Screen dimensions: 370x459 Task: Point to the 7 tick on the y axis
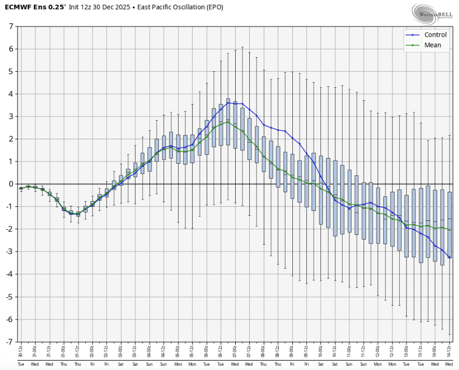pyautogui.click(x=11, y=27)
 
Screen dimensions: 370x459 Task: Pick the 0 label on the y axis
pyautogui.click(x=11, y=184)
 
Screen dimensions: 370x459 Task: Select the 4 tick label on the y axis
pyautogui.click(x=11, y=94)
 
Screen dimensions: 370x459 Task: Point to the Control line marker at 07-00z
pyautogui.click(x=235, y=103)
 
